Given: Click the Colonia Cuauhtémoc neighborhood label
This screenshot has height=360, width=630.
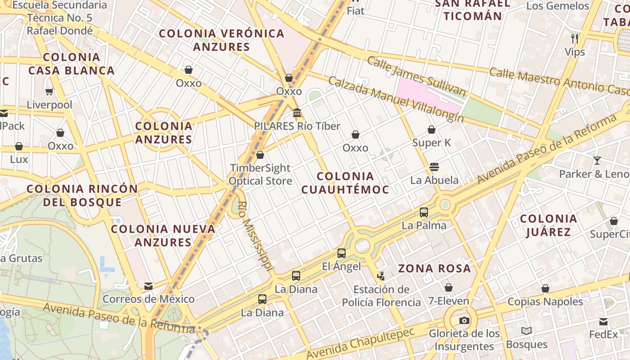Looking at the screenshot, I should point(345,183).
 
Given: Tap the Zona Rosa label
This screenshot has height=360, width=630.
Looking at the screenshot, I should point(435,269).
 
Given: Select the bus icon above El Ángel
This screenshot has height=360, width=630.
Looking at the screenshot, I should point(342,253).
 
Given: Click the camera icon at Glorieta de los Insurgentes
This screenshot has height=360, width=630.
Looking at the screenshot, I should point(464,320).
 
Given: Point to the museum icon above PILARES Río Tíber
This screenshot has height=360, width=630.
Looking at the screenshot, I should point(297,113).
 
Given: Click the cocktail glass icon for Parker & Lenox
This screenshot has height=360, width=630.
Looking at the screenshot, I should point(597,161).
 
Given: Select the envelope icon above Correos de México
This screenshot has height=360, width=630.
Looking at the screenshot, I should point(148,286).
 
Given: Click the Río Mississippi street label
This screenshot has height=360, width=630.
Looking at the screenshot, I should point(255,236).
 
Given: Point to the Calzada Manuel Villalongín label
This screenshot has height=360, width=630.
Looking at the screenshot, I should point(396,99).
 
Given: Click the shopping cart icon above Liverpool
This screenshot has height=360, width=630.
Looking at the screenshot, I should point(49,92).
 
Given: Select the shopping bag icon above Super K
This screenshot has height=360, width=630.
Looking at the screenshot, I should point(432,130).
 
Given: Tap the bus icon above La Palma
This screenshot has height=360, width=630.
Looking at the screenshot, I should point(424,212).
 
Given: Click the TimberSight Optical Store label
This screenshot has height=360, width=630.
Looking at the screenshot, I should point(260,174).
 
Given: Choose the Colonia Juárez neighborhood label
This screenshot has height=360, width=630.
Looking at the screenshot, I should point(548,225).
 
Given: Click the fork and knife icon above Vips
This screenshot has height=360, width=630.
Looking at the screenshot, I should point(575,39).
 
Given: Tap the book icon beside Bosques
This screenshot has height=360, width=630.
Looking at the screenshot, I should point(526,331).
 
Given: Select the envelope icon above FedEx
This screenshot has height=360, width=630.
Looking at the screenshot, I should point(603,322).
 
